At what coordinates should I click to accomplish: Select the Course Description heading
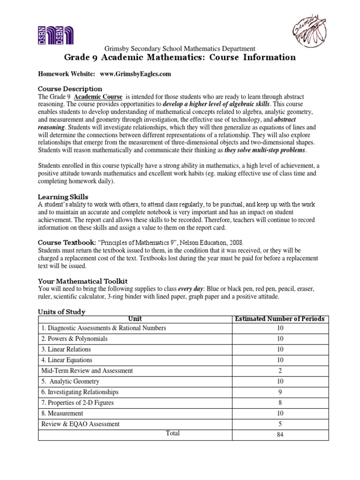70,89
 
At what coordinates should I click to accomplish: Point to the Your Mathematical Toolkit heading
82,281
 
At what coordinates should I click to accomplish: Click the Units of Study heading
61,312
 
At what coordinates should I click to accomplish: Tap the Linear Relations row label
66,349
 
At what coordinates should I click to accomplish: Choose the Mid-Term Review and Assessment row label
87,370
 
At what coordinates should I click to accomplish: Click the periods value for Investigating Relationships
280,392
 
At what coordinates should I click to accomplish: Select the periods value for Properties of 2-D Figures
280,403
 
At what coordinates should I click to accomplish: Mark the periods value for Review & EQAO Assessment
280,424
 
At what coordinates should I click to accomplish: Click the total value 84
280,435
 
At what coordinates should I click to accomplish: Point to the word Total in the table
173,433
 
